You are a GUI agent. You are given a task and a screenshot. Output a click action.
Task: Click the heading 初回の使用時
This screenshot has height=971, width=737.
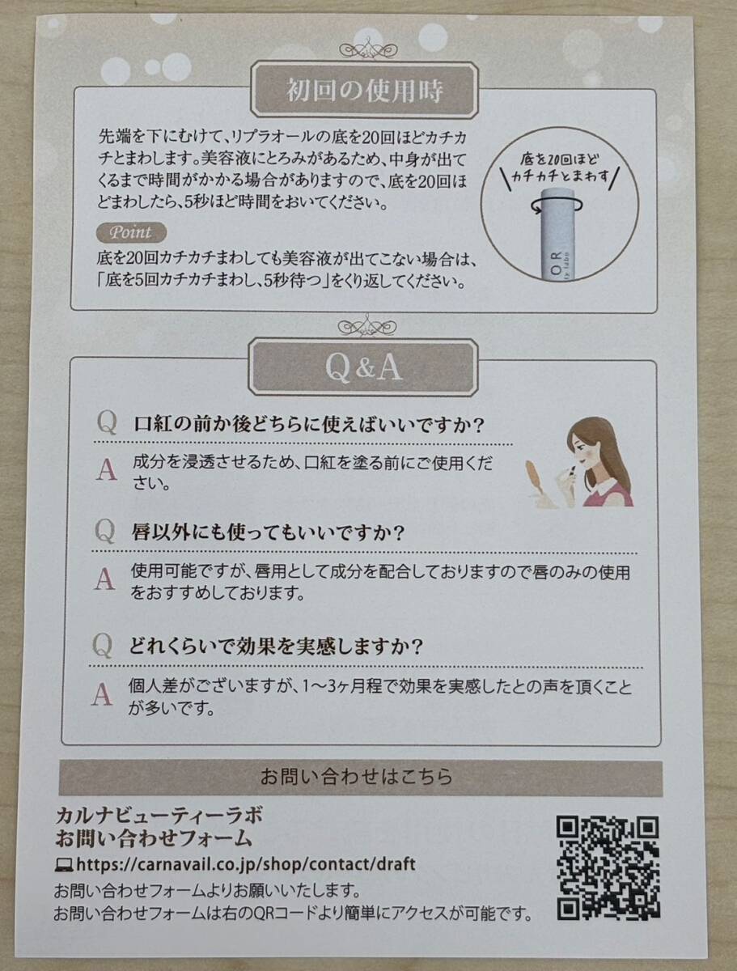coord(365,91)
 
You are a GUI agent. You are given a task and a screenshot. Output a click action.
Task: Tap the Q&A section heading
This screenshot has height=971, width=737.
coord(363,367)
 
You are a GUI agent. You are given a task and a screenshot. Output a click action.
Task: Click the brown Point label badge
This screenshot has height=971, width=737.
coord(130,232)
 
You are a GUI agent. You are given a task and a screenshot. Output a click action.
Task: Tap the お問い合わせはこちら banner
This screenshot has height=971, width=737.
coord(361,777)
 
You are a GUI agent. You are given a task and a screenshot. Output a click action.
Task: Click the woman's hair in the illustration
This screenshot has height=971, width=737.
coord(607,453)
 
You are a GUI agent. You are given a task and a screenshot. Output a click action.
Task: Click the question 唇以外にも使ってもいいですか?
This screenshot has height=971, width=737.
coord(268,533)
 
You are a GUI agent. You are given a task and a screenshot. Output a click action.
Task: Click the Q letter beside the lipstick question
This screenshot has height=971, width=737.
coord(107,423)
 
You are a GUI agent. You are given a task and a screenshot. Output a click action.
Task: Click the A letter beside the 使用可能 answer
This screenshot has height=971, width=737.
coord(104,579)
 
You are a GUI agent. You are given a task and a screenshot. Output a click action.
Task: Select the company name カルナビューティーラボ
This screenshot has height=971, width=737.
coord(159,815)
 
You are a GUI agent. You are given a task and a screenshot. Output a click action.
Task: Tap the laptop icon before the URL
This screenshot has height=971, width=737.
coord(63,864)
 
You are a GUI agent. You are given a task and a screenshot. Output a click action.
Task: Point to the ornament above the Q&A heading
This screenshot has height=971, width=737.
coord(366,327)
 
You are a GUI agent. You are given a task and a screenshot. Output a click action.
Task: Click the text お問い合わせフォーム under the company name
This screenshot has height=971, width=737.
coord(154,837)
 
